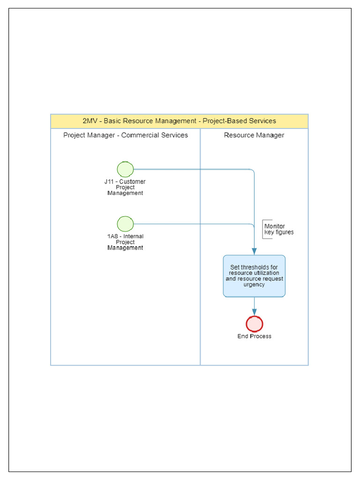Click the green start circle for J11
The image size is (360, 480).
click(125, 169)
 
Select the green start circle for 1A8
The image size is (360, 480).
click(125, 224)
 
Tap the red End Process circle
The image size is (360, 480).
click(255, 324)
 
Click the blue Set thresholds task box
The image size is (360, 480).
click(254, 276)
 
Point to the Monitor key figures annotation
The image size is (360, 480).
click(278, 229)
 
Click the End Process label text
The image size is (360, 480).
click(255, 336)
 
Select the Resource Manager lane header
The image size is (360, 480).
click(254, 135)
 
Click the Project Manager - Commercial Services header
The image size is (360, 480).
click(126, 135)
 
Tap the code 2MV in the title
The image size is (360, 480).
click(90, 121)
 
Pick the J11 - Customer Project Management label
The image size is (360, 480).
click(125, 187)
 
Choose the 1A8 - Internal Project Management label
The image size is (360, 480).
click(125, 242)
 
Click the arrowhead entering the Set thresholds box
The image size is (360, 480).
click(255, 252)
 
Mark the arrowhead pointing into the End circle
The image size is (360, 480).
click(255, 313)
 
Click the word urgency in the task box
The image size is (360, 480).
click(254, 285)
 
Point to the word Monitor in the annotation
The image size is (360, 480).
click(275, 226)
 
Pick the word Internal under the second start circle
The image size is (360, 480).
click(133, 237)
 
